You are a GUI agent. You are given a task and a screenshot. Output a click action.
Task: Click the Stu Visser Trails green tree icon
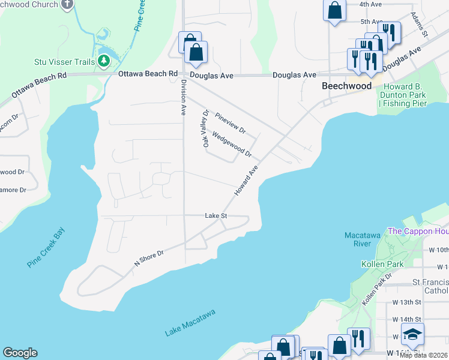tap(104, 61)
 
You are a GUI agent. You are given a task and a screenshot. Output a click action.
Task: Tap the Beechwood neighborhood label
tap(346, 86)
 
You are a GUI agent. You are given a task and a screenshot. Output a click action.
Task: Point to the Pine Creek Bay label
tap(46, 247)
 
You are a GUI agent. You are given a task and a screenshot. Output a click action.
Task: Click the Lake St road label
tap(215, 215)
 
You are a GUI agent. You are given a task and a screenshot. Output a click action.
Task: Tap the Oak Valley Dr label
tap(206, 128)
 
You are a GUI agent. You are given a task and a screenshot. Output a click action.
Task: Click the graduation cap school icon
tap(412, 334)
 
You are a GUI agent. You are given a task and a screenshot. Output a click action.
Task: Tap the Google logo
tap(20, 353)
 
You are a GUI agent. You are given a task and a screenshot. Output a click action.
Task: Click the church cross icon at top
tap(68, 4)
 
